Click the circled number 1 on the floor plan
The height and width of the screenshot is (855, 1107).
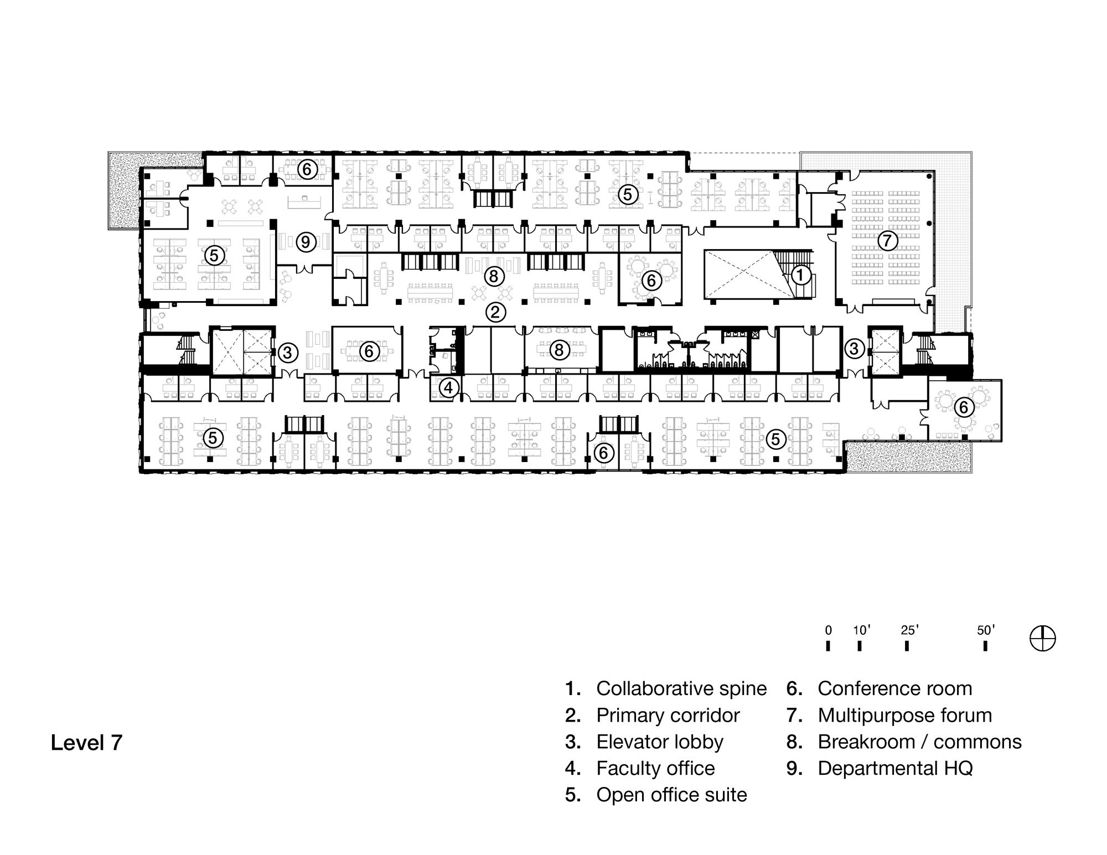click(800, 275)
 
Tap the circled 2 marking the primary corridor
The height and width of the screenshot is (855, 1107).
click(495, 313)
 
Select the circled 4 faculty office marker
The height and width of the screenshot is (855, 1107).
click(448, 387)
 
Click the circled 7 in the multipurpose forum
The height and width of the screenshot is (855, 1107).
click(887, 241)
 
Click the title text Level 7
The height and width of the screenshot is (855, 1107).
click(86, 743)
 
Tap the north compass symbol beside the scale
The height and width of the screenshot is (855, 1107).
click(1042, 639)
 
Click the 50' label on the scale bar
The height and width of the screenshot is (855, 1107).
click(985, 630)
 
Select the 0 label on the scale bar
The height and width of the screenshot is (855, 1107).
click(828, 630)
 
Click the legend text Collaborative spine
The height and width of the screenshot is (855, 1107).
click(681, 688)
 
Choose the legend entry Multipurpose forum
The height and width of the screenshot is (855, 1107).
click(904, 715)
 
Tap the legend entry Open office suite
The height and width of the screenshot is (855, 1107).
click(671, 795)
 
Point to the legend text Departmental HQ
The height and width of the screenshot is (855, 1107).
click(895, 768)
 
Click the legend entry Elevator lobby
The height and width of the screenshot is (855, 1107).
click(660, 742)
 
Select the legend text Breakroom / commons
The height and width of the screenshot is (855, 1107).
click(919, 742)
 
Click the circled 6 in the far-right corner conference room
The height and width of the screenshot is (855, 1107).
click(964, 407)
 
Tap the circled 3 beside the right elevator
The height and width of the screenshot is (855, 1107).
click(854, 349)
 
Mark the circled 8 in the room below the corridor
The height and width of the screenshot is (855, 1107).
click(559, 350)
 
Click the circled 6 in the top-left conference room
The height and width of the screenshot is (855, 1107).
click(307, 169)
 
